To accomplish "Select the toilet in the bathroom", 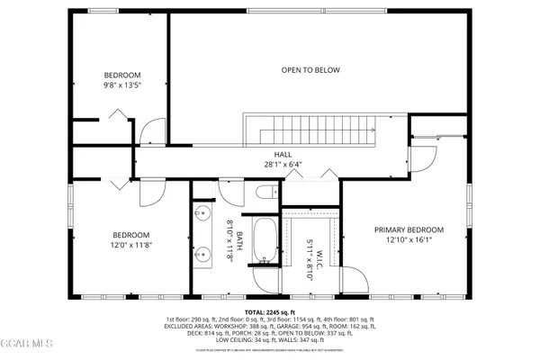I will (265, 193).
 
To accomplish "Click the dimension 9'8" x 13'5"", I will (121, 85).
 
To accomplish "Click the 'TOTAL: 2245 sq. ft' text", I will (270, 311).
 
